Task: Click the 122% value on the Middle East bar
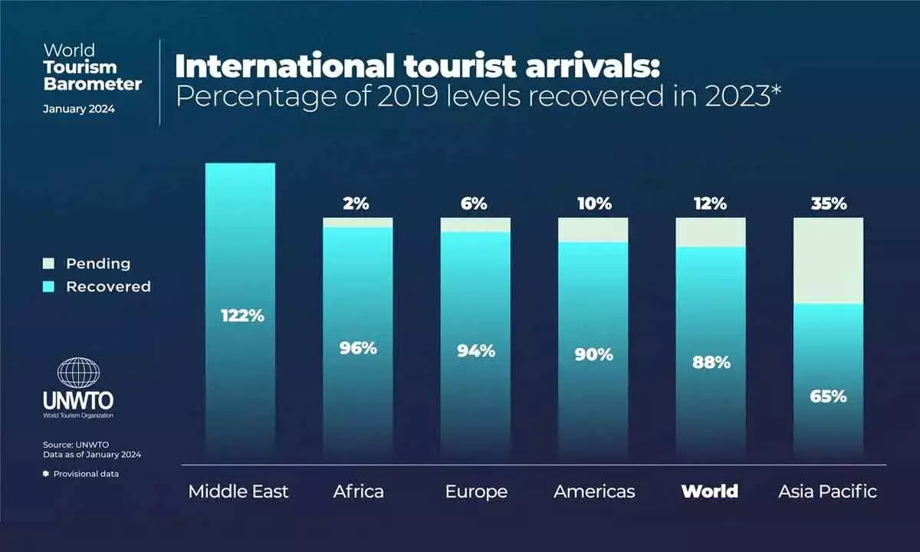point(242,315)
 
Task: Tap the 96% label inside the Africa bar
point(358,347)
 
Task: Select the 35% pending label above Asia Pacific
point(828,204)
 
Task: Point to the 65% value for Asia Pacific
point(828,396)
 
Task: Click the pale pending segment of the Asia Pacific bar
point(828,261)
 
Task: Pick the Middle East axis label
point(238,491)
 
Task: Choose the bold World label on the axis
point(710,491)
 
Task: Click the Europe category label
point(476,491)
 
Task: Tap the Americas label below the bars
point(594,491)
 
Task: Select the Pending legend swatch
point(48,264)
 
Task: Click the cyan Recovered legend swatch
point(48,287)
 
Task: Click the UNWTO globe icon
point(78,373)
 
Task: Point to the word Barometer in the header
point(92,84)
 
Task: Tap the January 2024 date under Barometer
point(78,109)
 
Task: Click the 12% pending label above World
point(710,204)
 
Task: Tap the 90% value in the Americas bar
point(593,354)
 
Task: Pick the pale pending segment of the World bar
point(710,232)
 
